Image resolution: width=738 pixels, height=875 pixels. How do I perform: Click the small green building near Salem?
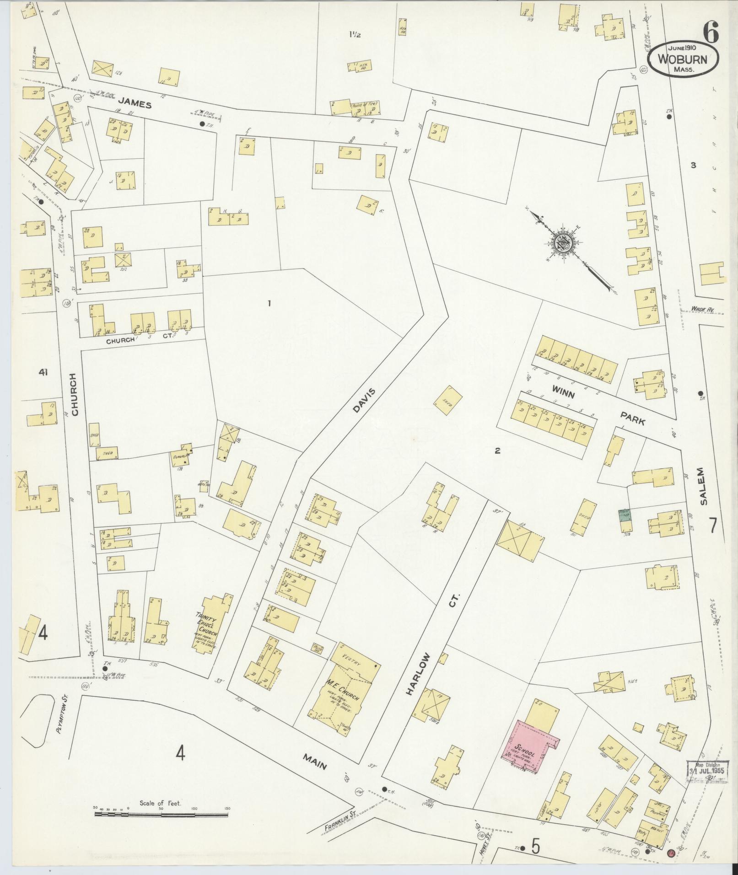(x=625, y=515)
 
